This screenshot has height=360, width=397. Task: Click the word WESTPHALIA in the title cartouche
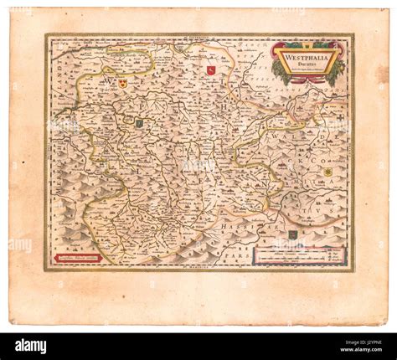pos(307,56)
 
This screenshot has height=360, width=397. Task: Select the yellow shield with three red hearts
pos(123,83)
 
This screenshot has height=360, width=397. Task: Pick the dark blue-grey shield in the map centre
pos(140,123)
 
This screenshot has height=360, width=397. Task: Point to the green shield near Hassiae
pos(291,234)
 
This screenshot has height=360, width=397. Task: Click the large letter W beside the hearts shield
pos(110,82)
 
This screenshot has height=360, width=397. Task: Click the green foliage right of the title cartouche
pos(338,69)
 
